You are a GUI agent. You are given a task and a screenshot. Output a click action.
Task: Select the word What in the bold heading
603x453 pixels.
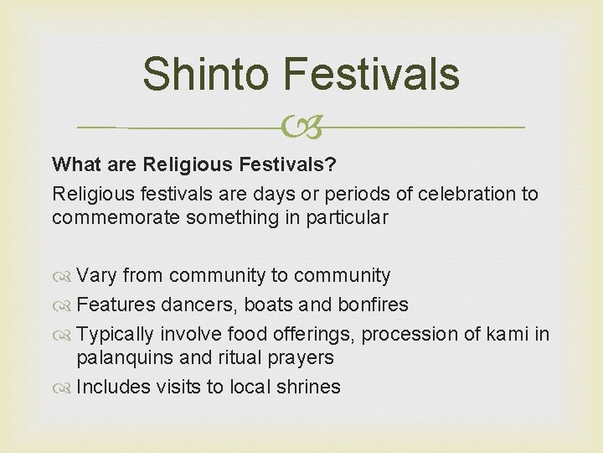(74, 161)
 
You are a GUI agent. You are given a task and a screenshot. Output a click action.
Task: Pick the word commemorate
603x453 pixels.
(116, 217)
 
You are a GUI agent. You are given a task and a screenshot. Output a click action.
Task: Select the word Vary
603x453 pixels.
(96, 275)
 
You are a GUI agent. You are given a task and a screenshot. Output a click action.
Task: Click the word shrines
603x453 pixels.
(307, 387)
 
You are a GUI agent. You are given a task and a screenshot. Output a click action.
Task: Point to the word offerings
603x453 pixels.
(313, 334)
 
